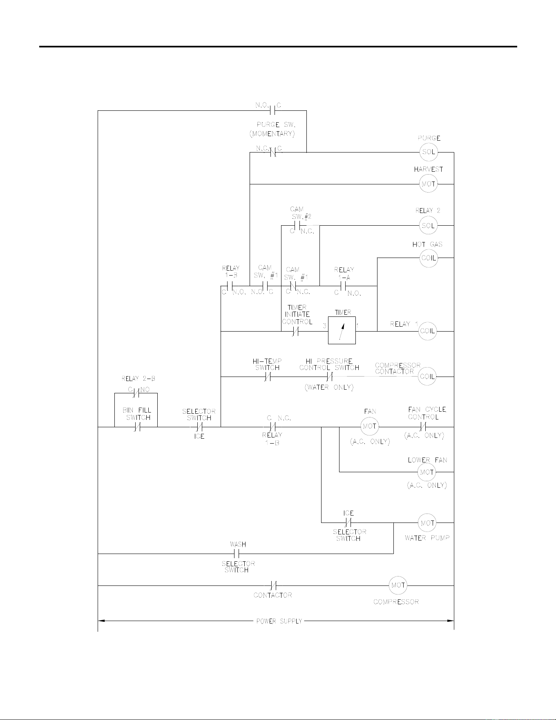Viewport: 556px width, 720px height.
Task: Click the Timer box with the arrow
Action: point(342,330)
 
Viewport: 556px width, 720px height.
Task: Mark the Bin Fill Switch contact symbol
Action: point(138,427)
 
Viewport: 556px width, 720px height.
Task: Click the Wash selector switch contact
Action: point(236,554)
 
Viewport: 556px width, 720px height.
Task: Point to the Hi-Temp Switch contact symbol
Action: point(268,377)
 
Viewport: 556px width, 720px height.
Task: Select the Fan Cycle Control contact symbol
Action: point(423,427)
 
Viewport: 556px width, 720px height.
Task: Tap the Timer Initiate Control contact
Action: point(296,332)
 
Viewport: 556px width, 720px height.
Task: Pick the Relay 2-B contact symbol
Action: point(136,393)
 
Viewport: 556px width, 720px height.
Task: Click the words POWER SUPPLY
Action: point(279,621)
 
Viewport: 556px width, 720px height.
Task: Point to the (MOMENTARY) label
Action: point(272,134)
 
